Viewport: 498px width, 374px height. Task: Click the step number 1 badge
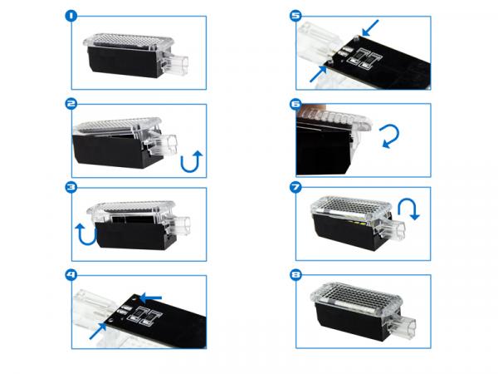coord(71,16)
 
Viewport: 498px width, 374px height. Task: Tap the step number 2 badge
coord(71,104)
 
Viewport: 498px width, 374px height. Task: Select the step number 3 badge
coord(71,187)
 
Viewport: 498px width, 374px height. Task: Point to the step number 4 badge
coord(71,274)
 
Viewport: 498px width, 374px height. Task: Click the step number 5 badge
coord(295,16)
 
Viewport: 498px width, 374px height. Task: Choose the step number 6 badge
coord(295,104)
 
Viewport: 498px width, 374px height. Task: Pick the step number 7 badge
coord(295,187)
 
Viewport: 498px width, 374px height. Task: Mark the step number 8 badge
coord(295,274)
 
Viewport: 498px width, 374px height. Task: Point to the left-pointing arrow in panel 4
coord(150,298)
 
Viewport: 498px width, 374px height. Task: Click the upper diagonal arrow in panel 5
coord(370,27)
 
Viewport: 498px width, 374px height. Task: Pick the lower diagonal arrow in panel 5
coord(318,74)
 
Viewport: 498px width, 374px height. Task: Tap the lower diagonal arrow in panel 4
coord(98,331)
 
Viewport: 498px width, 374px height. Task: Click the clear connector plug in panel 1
coord(175,64)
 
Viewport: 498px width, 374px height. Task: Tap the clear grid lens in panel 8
coord(356,295)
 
